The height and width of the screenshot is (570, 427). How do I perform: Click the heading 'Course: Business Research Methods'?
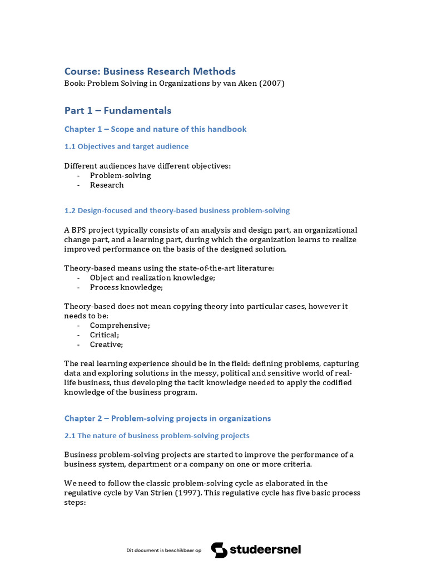(150, 71)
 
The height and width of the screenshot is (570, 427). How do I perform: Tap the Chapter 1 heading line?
(155, 129)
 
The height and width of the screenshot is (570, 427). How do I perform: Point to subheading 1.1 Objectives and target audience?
(126, 146)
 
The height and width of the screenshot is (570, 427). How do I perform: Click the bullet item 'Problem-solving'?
(120, 175)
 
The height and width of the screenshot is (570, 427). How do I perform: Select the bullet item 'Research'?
(107, 185)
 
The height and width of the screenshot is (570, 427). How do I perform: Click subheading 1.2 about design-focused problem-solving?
(177, 210)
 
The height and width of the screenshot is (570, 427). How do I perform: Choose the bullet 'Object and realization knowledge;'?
(152, 278)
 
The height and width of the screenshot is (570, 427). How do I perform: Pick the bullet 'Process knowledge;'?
(126, 287)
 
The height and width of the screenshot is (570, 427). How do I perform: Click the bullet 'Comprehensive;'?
(120, 325)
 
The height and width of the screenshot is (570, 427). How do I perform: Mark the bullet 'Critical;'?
(105, 335)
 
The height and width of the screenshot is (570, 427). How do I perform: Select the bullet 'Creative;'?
(106, 345)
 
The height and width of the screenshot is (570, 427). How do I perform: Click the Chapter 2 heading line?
(167, 418)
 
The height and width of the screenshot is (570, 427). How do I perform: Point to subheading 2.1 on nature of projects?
(157, 435)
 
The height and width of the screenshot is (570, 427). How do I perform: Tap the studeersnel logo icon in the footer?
(219, 550)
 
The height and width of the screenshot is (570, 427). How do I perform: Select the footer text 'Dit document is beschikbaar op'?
(163, 551)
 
